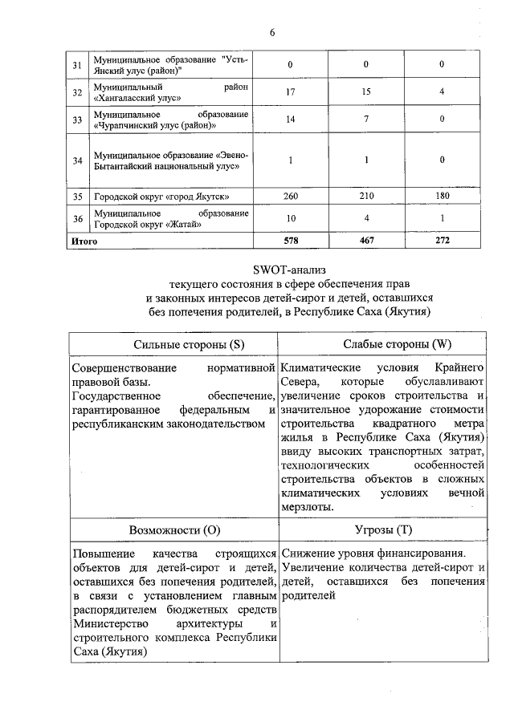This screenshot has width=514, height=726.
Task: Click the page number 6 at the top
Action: [271, 32]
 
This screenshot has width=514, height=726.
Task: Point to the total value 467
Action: [365, 241]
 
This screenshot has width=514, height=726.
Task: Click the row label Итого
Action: [84, 241]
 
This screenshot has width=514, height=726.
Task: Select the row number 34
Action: [78, 160]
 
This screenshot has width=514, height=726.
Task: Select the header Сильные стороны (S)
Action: [176, 345]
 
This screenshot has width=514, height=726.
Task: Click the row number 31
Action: [78, 64]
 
